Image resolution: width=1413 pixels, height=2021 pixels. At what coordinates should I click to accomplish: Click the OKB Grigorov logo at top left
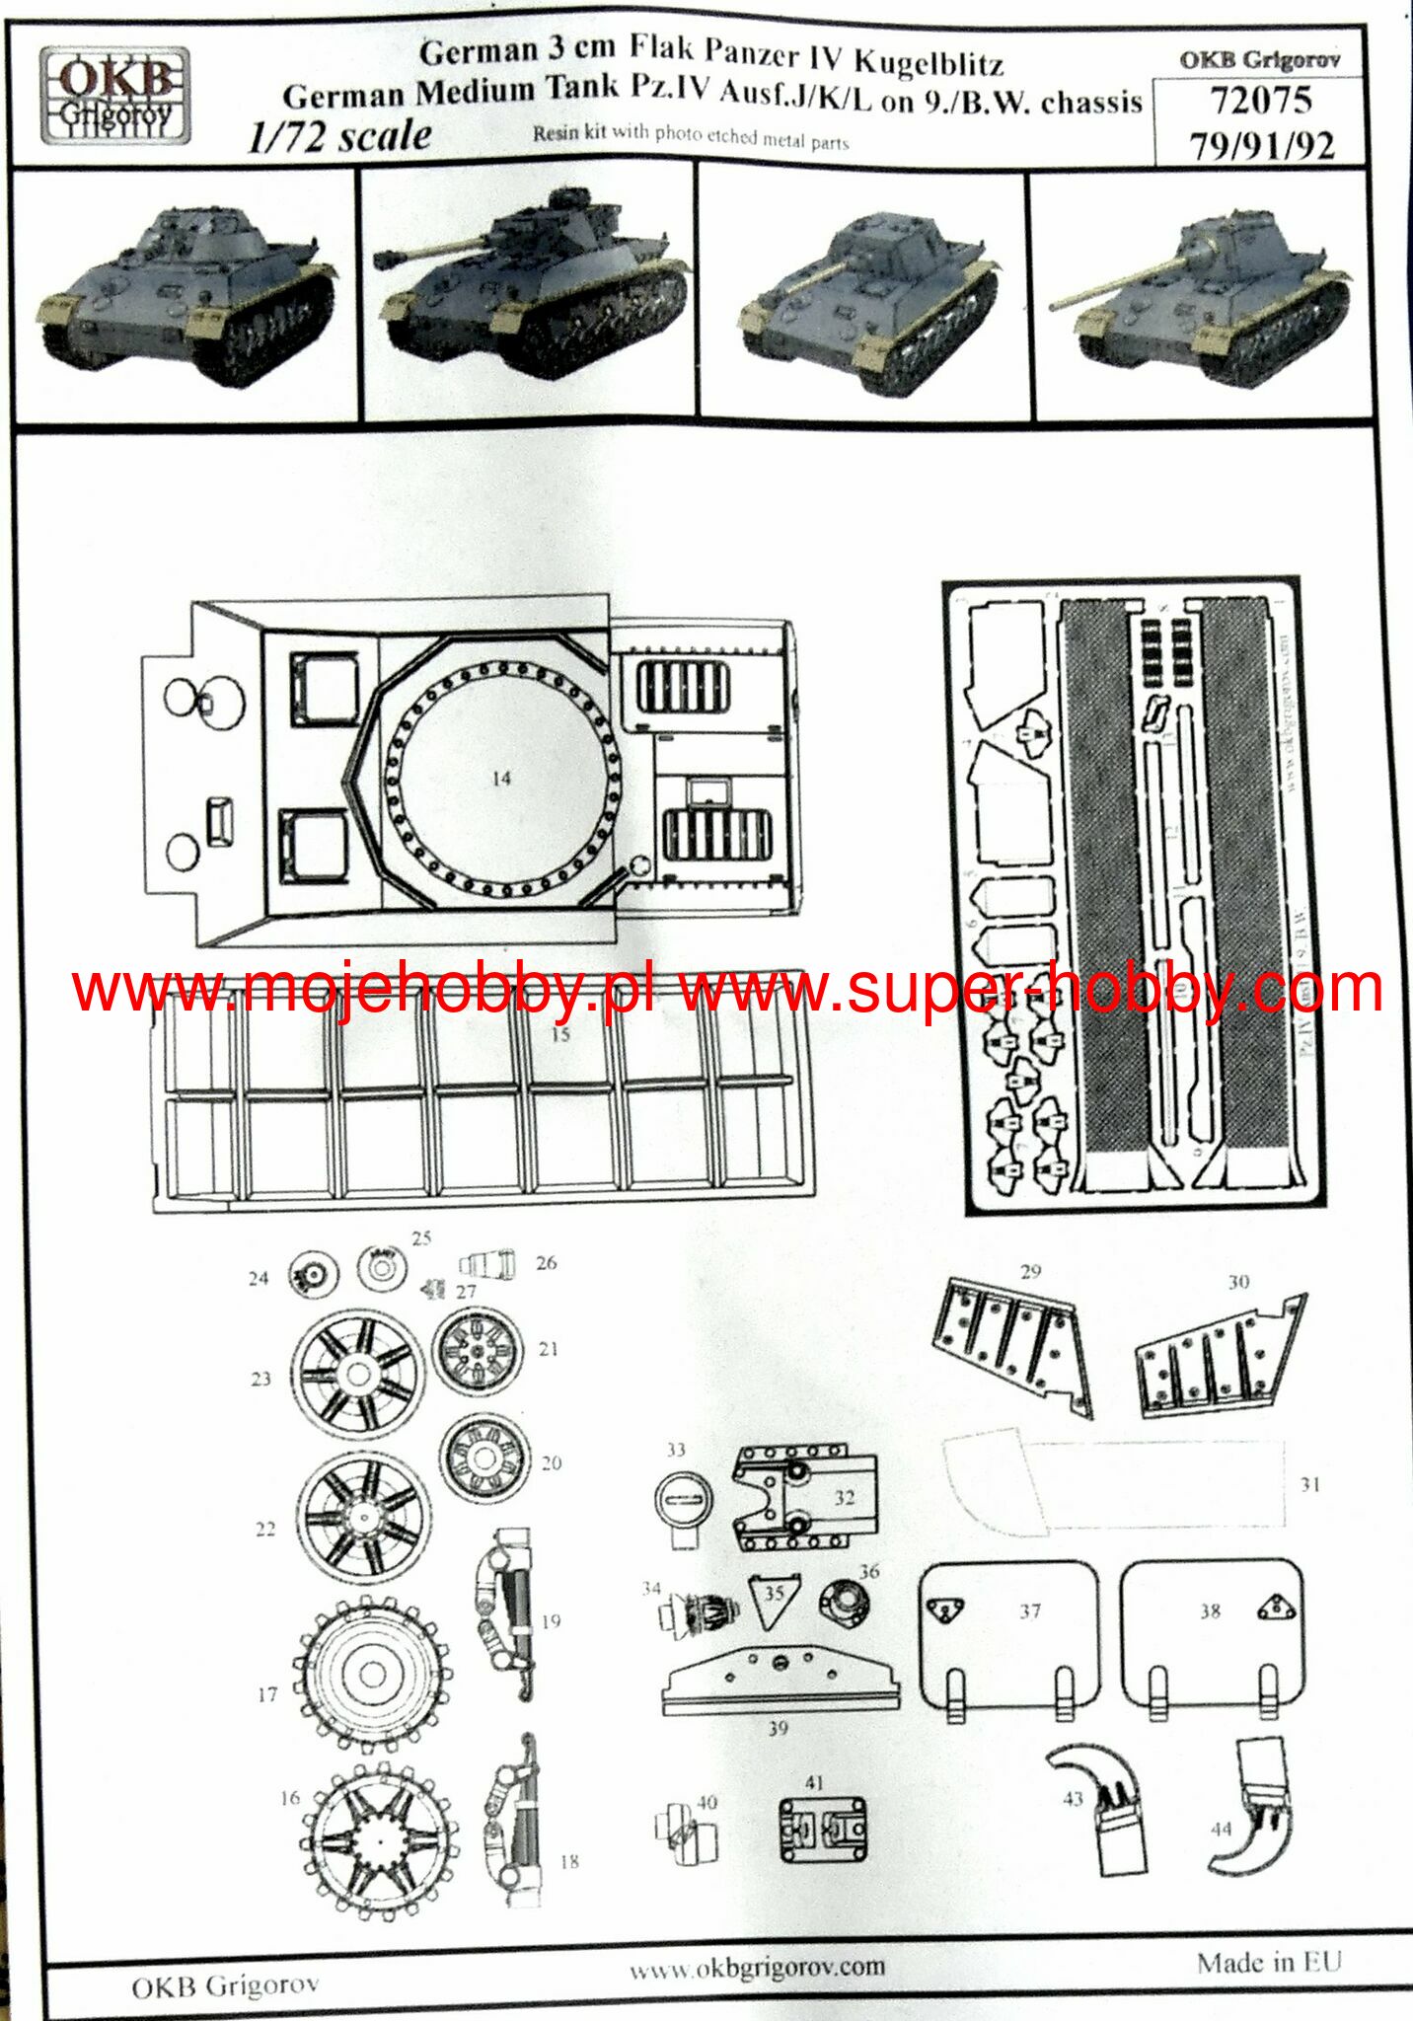click(115, 97)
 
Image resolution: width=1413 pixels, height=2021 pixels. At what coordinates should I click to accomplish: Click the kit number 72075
click(1260, 101)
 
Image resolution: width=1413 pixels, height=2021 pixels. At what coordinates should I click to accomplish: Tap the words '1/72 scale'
click(339, 136)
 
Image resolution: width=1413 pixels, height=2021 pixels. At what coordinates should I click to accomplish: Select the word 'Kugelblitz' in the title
click(928, 61)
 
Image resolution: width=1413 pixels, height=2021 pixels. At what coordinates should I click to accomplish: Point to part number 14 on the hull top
click(501, 779)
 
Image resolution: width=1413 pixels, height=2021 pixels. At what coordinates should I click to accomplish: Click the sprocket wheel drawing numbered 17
click(372, 1672)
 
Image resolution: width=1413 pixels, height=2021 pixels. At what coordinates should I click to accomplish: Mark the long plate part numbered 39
click(780, 1680)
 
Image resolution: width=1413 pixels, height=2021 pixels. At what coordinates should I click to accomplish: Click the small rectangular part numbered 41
click(823, 1829)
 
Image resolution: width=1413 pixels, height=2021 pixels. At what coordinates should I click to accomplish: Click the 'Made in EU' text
click(1269, 1963)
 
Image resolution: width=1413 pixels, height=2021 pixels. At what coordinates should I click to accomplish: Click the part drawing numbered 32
click(805, 1498)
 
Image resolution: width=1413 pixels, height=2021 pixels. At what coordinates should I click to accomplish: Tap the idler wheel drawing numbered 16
click(380, 1837)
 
